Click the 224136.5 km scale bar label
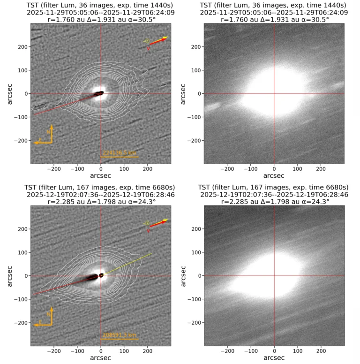coord(119,152)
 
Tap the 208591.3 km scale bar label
coord(119,335)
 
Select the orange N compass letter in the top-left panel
coord(49,132)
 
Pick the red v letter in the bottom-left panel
coord(149,231)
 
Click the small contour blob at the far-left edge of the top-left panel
coord(39,107)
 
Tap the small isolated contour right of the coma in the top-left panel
coord(164,85)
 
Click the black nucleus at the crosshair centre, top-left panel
coord(99,94)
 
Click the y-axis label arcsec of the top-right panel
coord(183,94)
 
